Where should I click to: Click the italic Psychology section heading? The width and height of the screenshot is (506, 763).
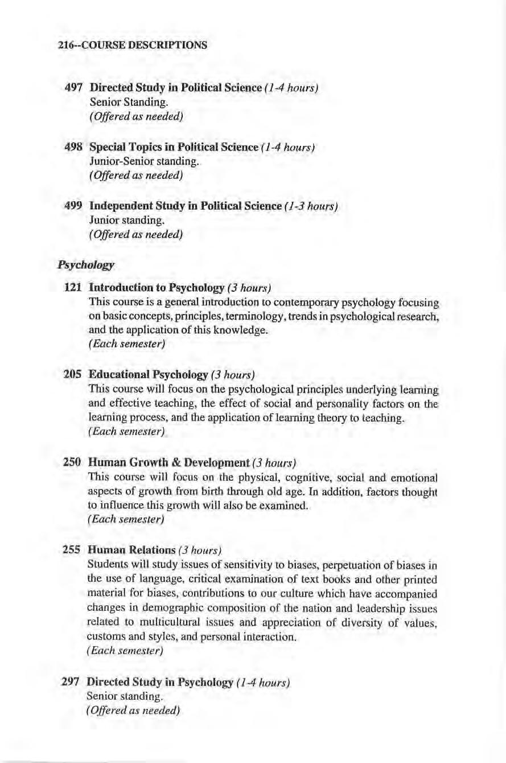[84, 265]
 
